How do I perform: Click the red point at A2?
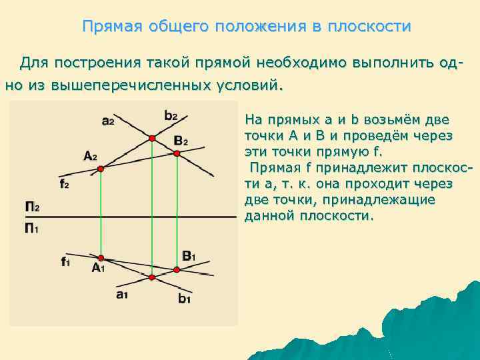click(x=101, y=169)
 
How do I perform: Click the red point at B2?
click(x=177, y=153)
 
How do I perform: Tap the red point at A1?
click(x=101, y=257)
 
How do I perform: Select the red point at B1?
click(x=177, y=270)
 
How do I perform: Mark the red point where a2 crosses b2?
click(x=152, y=138)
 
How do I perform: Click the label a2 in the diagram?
click(x=108, y=121)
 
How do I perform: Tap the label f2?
click(x=64, y=184)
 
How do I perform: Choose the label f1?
click(x=65, y=261)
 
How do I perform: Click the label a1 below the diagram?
click(x=121, y=295)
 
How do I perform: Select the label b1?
click(x=184, y=299)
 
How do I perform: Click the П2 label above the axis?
click(x=32, y=207)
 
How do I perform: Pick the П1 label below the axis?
click(x=32, y=228)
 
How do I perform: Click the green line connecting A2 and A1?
click(x=101, y=213)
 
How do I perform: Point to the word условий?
click(x=251, y=85)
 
